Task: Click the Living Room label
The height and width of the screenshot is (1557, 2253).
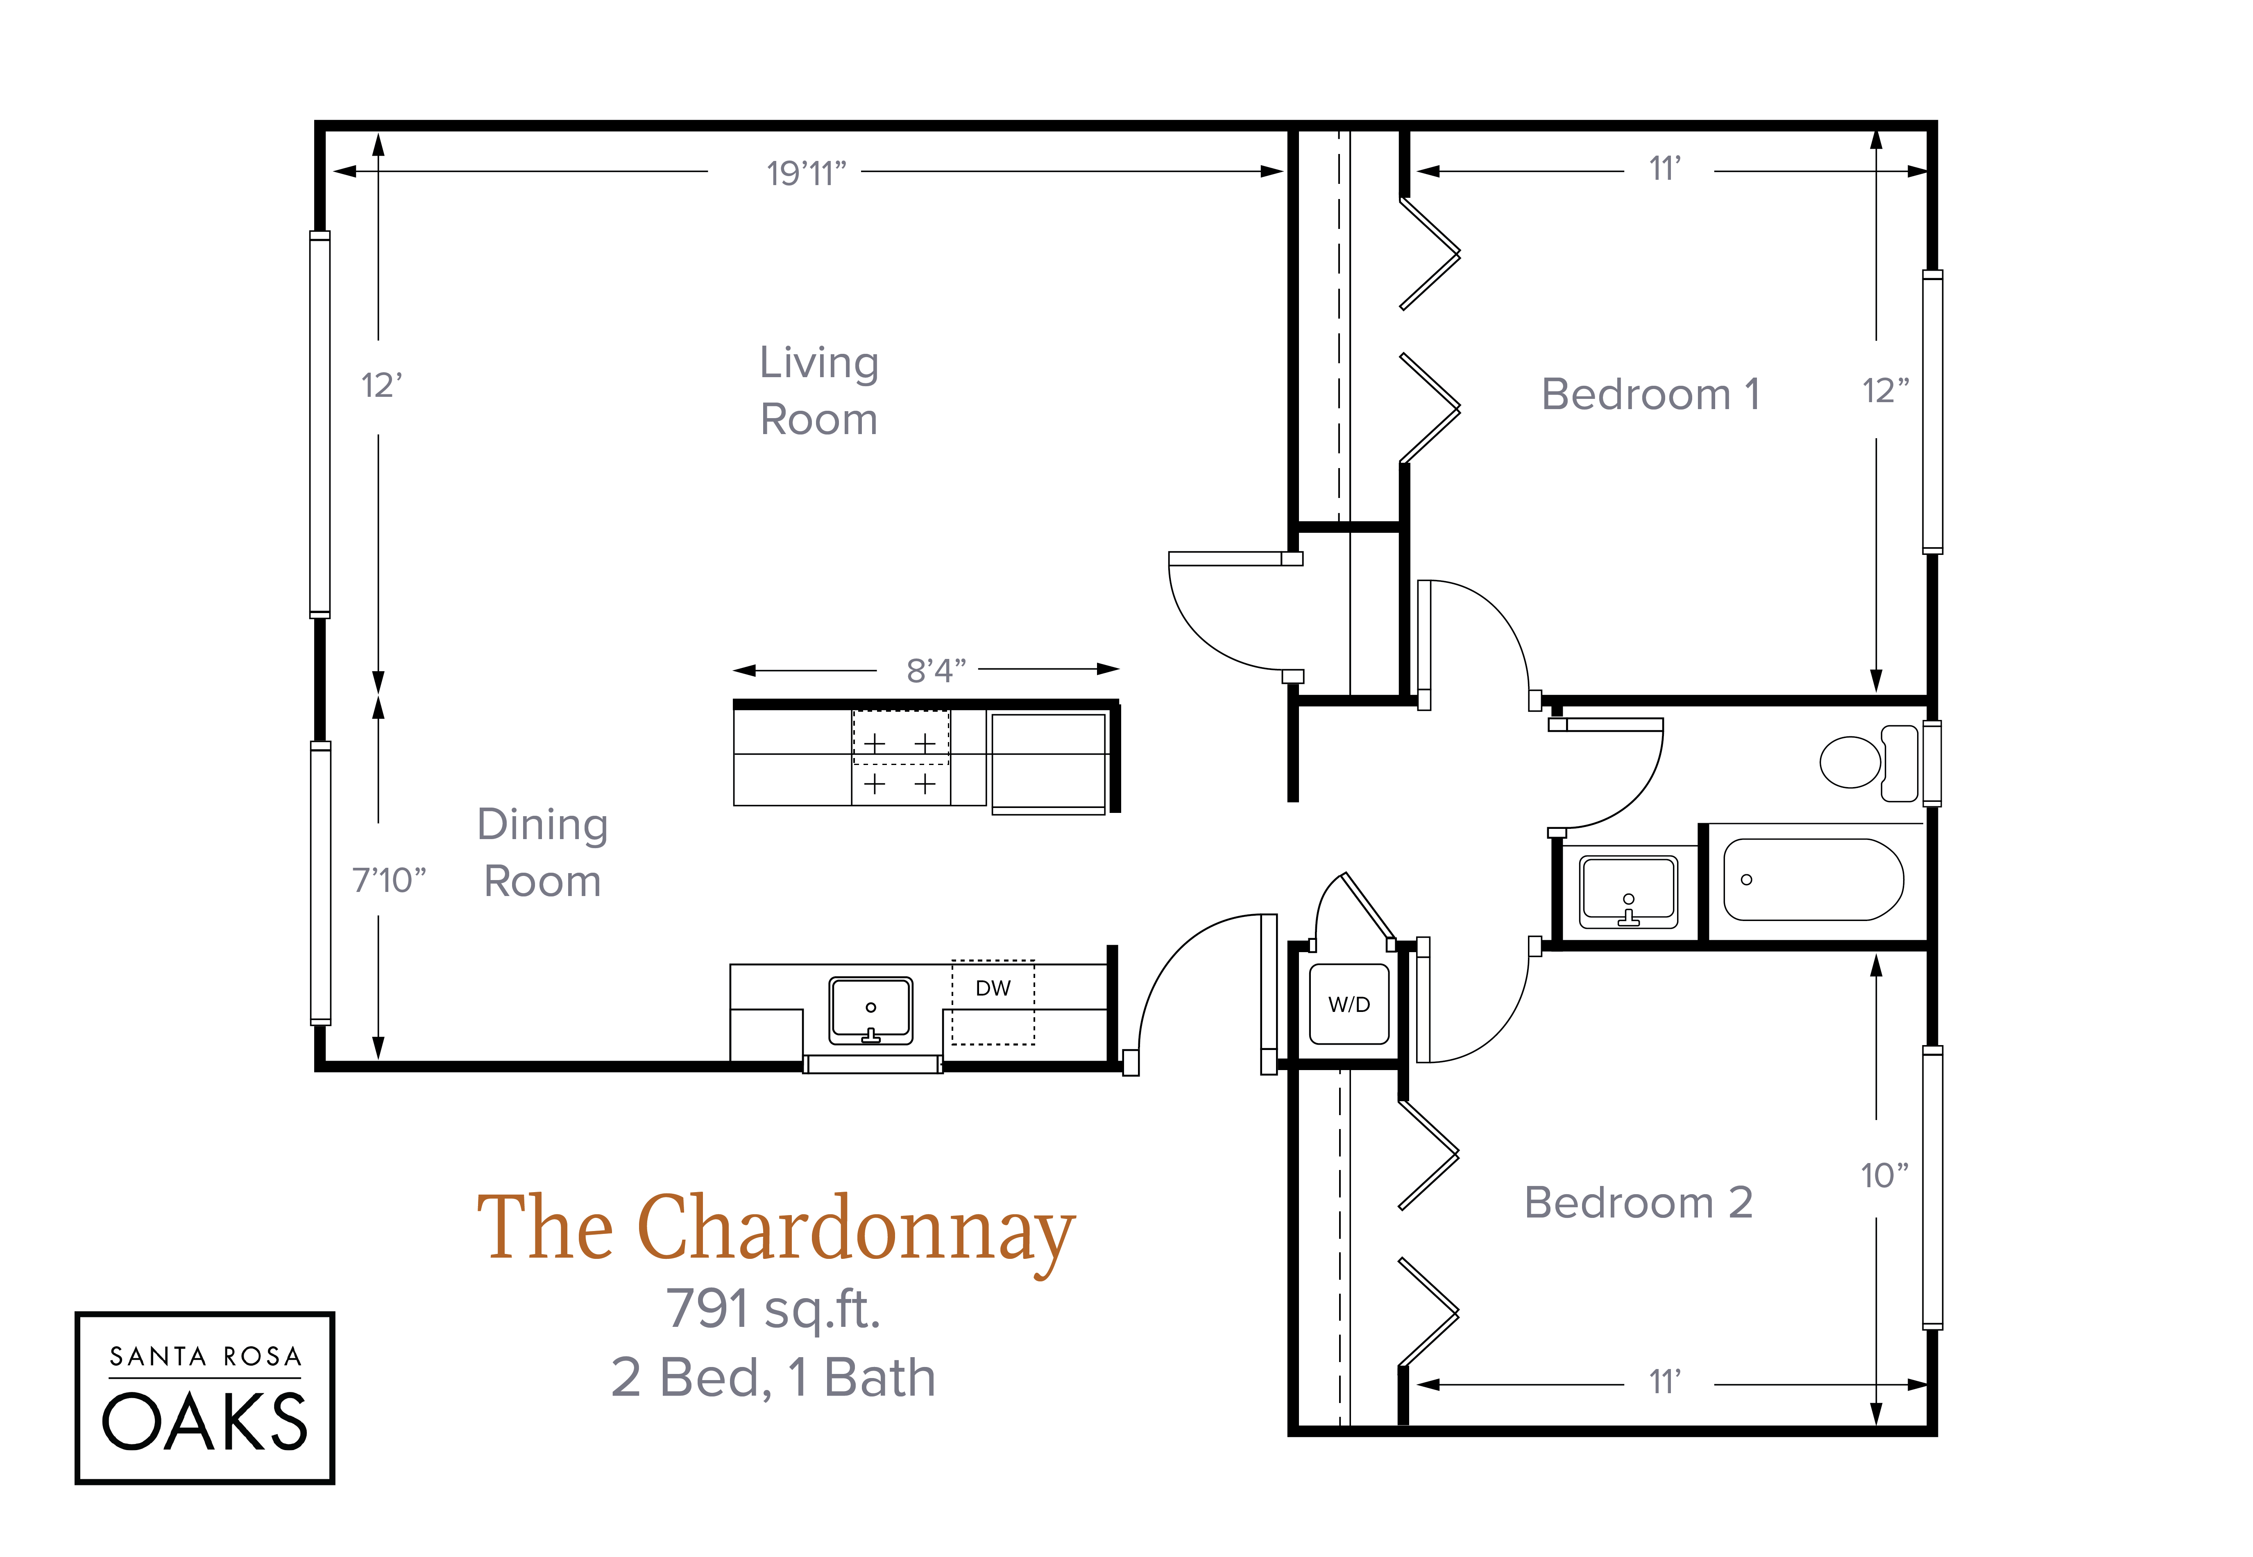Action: tap(818, 390)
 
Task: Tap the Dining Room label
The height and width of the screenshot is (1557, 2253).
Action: tap(542, 853)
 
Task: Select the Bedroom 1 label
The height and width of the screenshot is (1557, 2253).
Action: tap(1650, 394)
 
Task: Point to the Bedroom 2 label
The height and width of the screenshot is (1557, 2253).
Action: tap(1638, 1202)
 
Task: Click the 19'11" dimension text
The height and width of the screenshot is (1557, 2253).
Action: tap(806, 174)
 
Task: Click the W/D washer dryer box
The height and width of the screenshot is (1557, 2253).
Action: tap(1349, 1004)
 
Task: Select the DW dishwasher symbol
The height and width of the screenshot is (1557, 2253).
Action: tap(992, 1002)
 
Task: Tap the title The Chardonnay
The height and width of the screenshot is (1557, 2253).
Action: tap(776, 1229)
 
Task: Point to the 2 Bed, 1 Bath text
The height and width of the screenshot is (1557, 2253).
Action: tap(773, 1378)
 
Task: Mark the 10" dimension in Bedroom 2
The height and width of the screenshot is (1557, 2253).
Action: tap(1883, 1176)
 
